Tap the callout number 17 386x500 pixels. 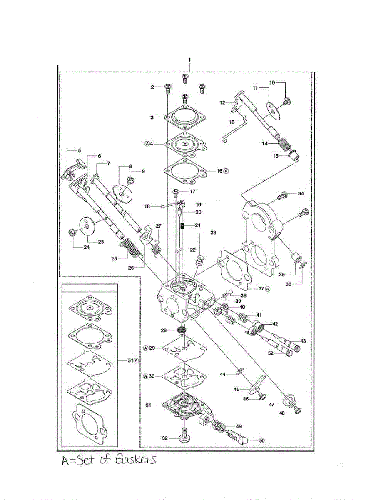[x=192, y=192]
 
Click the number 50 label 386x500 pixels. [x=261, y=440]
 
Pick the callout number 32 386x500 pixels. [x=165, y=438]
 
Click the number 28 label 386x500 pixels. [x=164, y=330]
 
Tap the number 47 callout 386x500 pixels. [x=271, y=404]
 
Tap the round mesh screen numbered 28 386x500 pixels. [x=182, y=330]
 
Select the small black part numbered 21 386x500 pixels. [x=182, y=226]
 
